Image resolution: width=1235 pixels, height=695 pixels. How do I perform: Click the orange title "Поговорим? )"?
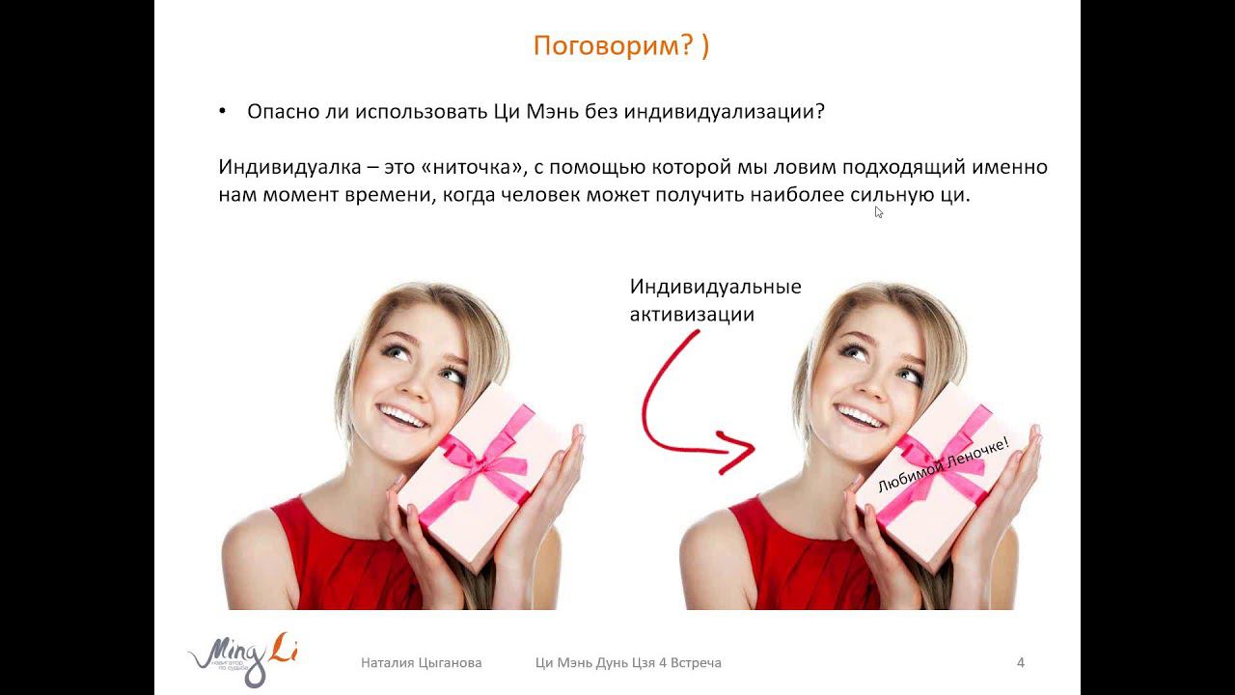[620, 45]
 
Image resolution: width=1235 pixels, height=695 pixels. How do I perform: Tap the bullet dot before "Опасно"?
[222, 112]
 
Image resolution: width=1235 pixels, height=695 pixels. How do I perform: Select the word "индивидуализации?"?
[724, 113]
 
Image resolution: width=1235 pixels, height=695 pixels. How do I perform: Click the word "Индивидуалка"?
[289, 167]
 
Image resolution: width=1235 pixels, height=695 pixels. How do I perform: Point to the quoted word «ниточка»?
[472, 167]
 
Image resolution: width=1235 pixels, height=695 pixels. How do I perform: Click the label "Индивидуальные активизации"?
[715, 300]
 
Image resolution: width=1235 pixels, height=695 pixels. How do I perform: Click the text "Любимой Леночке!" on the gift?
[944, 465]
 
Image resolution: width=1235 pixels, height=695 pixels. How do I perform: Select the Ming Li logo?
[242, 658]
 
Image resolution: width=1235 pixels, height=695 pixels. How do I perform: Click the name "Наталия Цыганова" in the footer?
[422, 663]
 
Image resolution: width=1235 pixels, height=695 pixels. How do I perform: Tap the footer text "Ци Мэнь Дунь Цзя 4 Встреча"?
[628, 663]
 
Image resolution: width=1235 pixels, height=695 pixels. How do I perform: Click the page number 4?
[1021, 662]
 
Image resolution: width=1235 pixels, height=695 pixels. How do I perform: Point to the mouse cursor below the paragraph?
[878, 211]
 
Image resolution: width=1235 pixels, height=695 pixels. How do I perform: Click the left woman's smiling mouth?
[401, 416]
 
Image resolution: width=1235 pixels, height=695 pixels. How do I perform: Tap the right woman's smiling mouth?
[859, 416]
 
